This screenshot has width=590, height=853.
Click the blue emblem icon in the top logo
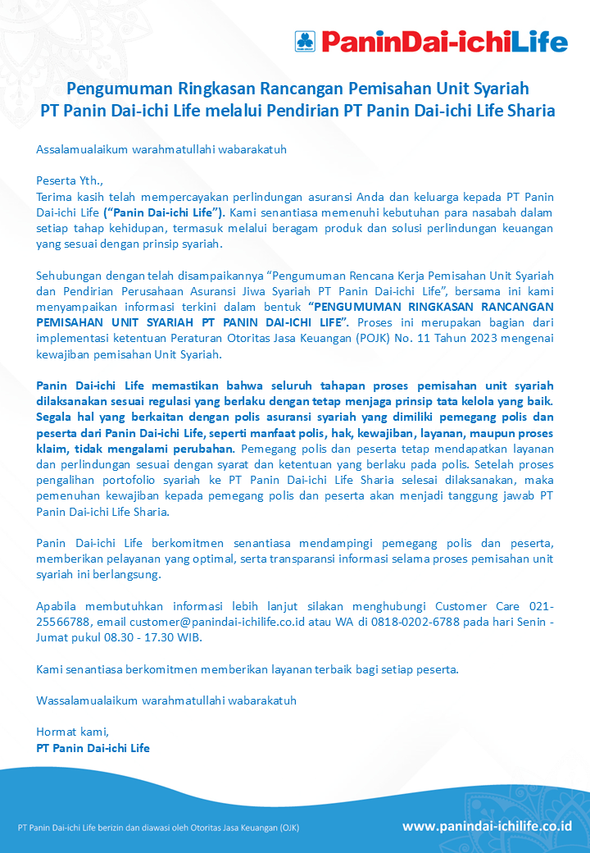pyautogui.click(x=306, y=40)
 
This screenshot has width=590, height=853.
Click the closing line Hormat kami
pyautogui.click(x=72, y=732)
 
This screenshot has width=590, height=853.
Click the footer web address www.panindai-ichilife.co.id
pyautogui.click(x=487, y=826)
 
